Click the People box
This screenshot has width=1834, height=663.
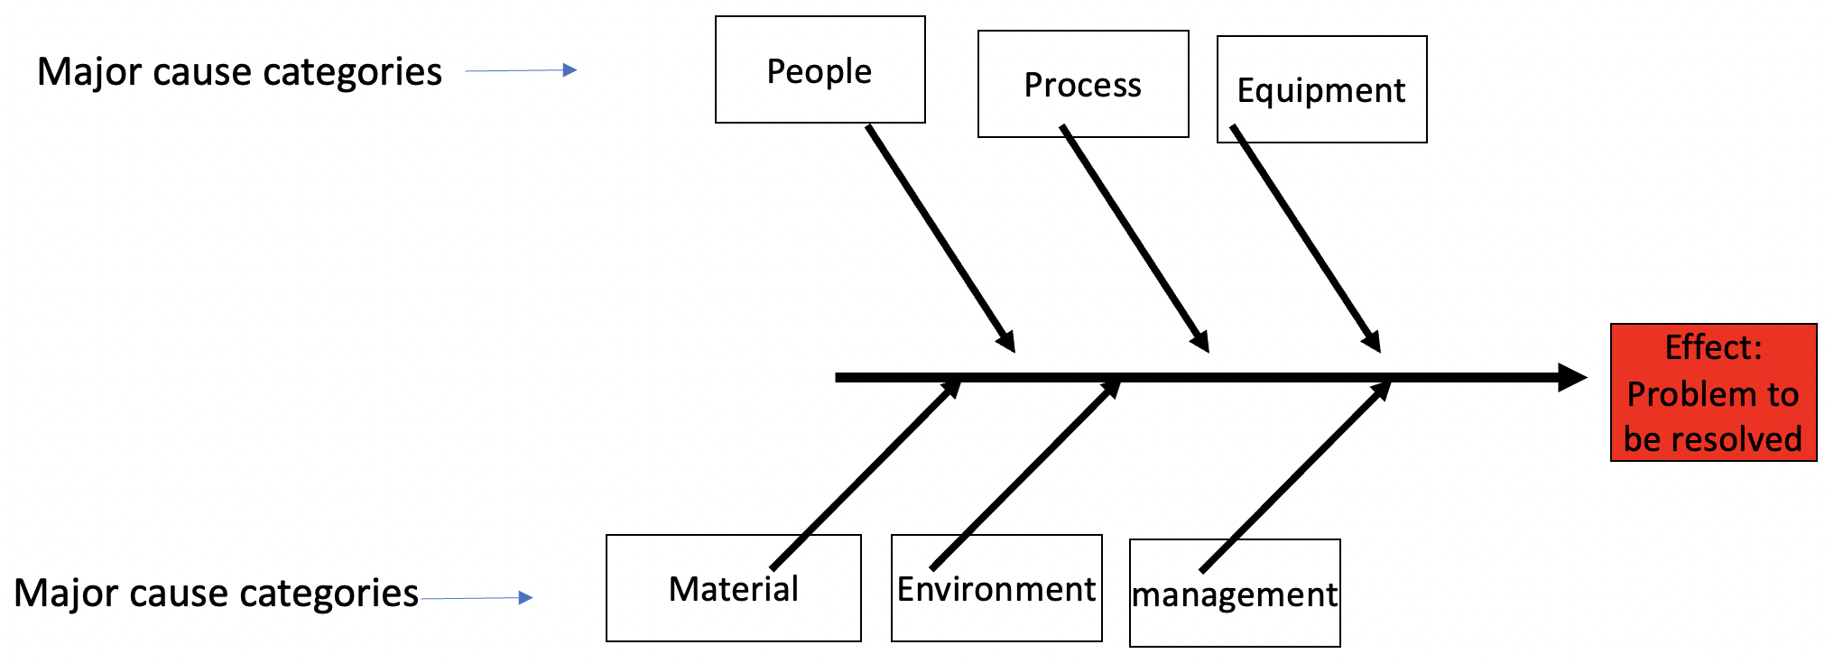click(x=820, y=69)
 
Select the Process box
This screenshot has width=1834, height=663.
click(x=1082, y=84)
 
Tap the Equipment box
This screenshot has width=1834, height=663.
click(x=1321, y=89)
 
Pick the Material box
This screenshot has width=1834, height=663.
click(x=733, y=588)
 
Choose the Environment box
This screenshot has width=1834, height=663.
click(x=996, y=588)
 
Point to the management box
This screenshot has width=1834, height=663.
click(x=1234, y=594)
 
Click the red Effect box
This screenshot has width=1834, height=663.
click(x=1713, y=392)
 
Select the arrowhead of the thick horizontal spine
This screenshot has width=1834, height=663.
click(x=1571, y=377)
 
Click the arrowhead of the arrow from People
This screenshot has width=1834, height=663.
click(x=1006, y=340)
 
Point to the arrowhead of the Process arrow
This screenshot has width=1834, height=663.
click(x=1200, y=341)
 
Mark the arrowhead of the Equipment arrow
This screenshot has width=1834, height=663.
click(x=1372, y=341)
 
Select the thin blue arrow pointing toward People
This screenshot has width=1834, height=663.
click(x=521, y=69)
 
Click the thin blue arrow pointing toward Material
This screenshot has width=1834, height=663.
click(x=477, y=597)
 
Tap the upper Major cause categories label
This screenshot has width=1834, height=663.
click(x=239, y=71)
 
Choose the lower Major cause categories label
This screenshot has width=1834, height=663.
click(x=216, y=593)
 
